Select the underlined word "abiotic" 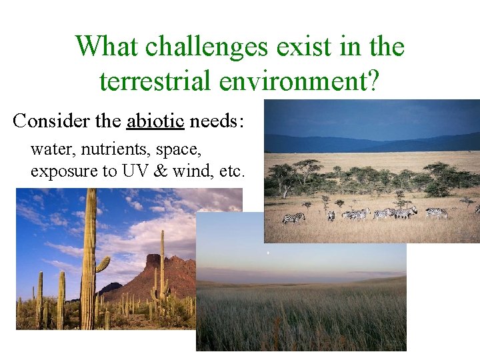tap(155, 121)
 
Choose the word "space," tap(181, 149)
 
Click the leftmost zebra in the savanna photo tap(293, 217)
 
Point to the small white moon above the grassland tap(267, 253)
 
